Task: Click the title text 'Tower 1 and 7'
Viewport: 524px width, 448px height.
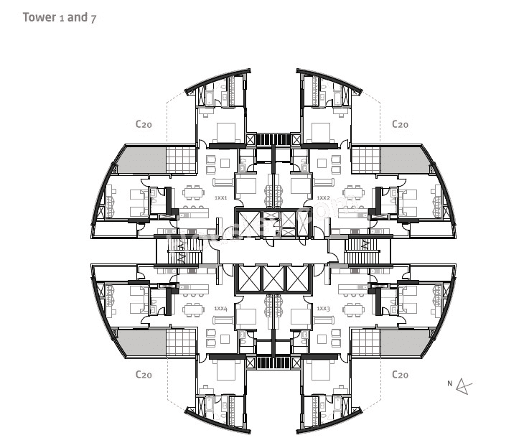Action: (x=59, y=17)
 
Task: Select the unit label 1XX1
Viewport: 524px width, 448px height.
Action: (x=220, y=197)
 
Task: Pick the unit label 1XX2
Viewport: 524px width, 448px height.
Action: (x=323, y=197)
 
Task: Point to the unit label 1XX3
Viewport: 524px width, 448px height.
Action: (x=323, y=308)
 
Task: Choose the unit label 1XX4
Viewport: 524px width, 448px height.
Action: (x=220, y=308)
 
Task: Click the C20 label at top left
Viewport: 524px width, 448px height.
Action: (x=144, y=124)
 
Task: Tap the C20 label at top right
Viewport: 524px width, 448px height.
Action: (x=400, y=124)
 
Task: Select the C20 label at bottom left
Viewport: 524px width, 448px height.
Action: (x=144, y=375)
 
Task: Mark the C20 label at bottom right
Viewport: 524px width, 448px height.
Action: (x=400, y=375)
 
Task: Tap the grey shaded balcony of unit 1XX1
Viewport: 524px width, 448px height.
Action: (x=141, y=159)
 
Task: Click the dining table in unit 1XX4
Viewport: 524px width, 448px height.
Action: (x=192, y=309)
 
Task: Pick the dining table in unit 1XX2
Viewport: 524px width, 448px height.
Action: (x=352, y=192)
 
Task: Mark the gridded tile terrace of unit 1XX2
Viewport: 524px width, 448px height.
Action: (x=365, y=159)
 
